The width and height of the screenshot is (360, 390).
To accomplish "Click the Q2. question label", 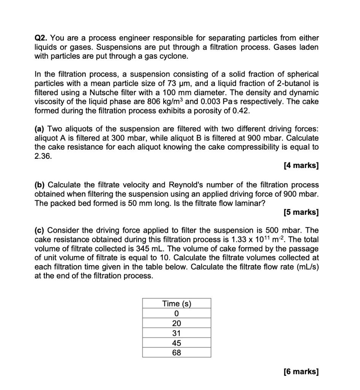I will click(x=41, y=38).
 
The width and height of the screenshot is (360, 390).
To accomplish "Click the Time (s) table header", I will click(x=177, y=304).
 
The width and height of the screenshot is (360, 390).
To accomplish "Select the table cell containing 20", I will click(x=177, y=323).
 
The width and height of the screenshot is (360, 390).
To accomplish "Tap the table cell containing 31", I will click(x=177, y=333).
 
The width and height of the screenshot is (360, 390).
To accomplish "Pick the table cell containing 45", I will click(x=177, y=343).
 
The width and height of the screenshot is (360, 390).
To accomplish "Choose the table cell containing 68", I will click(x=177, y=353).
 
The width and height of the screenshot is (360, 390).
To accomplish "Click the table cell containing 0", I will click(x=177, y=313).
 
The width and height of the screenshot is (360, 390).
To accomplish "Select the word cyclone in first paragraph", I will click(x=174, y=56).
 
